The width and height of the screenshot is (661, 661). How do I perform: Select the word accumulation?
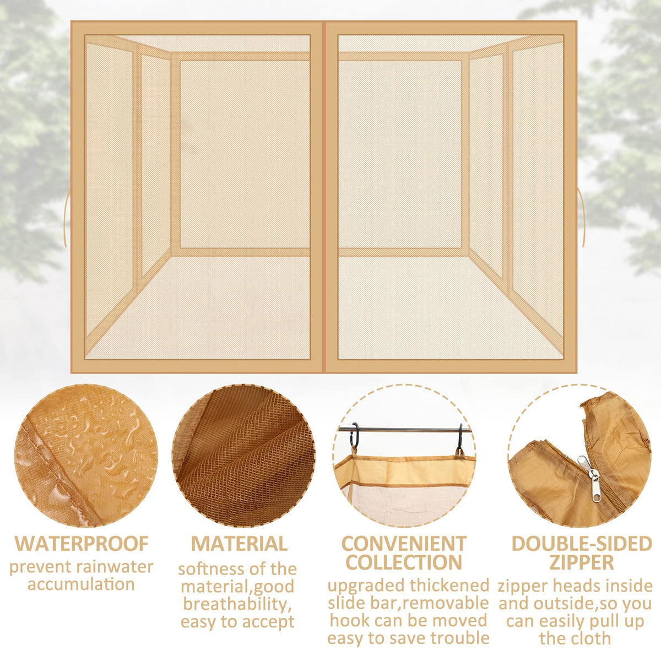[x=81, y=594]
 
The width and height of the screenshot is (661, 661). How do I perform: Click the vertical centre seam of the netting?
[x=324, y=197]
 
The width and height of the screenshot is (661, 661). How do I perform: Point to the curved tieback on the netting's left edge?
[x=66, y=220]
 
